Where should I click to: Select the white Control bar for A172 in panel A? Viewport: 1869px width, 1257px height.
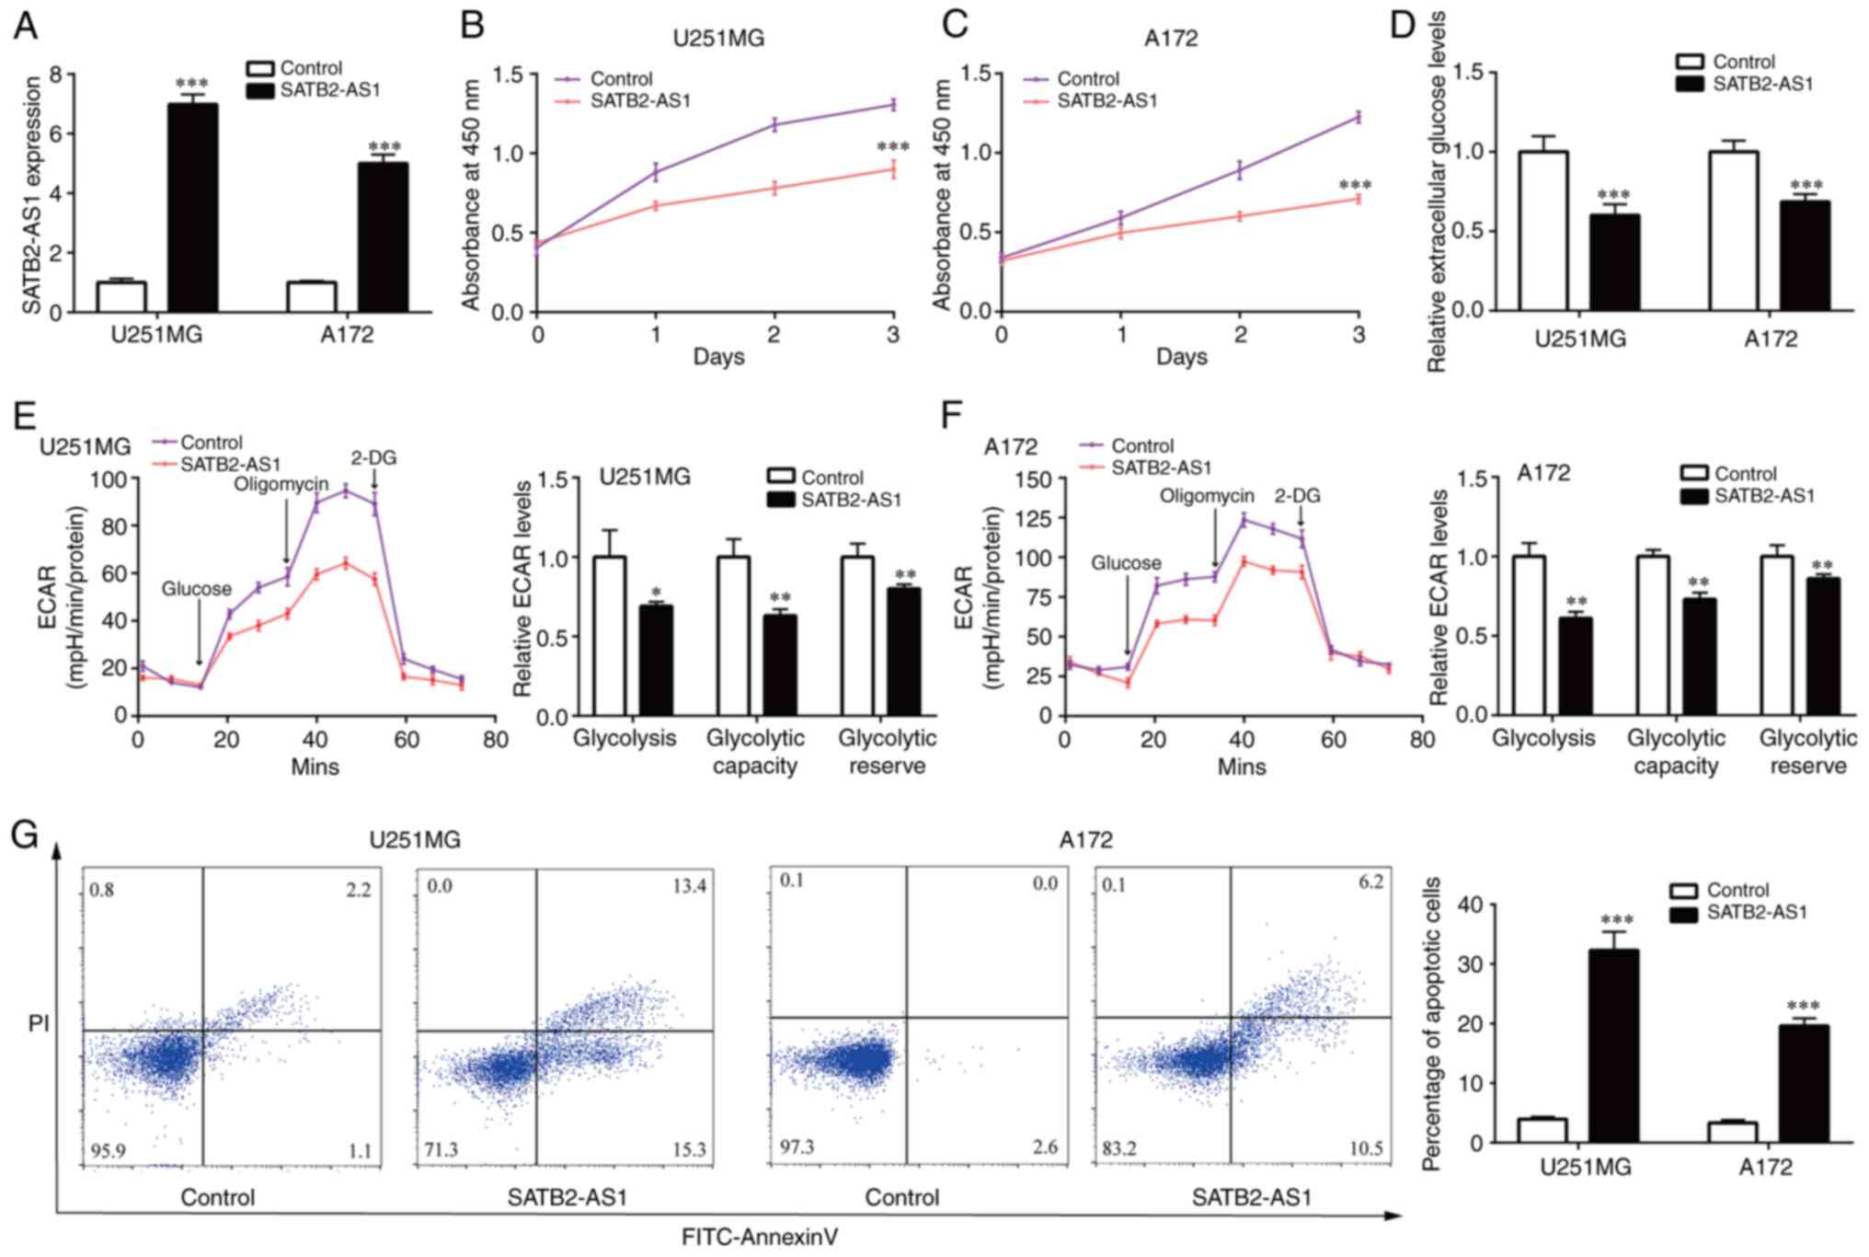coord(312,296)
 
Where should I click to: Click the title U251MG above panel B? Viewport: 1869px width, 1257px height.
coord(717,39)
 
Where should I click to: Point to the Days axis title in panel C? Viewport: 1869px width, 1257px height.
coord(1181,356)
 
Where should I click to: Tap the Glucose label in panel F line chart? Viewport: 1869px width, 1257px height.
coord(1126,562)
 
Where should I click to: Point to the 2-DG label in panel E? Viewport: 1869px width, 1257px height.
coord(373,458)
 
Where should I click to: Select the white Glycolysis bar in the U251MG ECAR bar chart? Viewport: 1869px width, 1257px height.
coord(610,636)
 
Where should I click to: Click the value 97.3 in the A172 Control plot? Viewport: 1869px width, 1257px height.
coord(797,1147)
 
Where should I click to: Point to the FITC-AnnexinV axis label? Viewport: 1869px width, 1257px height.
coord(759,1237)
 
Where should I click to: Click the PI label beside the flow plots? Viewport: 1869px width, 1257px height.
coord(39,1023)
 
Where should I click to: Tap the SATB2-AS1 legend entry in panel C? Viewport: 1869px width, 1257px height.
coord(1106,100)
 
